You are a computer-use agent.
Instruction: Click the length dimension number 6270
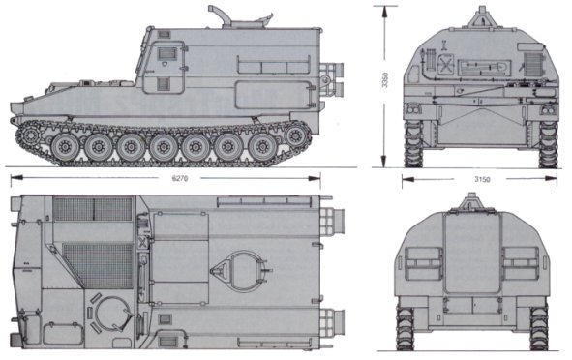point(179,178)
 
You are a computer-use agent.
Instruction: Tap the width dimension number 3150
point(482,179)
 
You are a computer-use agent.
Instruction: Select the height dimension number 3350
point(385,80)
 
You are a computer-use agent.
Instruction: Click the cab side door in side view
point(164,68)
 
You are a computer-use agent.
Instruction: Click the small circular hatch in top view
point(111,313)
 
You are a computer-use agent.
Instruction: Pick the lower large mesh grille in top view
point(99,265)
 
